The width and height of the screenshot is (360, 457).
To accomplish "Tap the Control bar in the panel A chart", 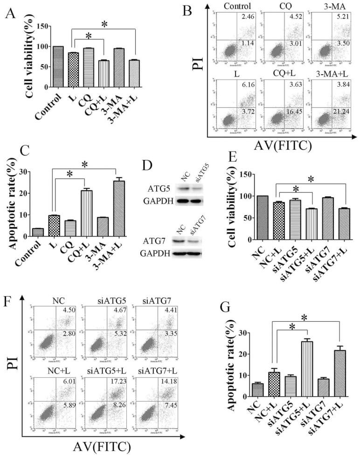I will point(59,67).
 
